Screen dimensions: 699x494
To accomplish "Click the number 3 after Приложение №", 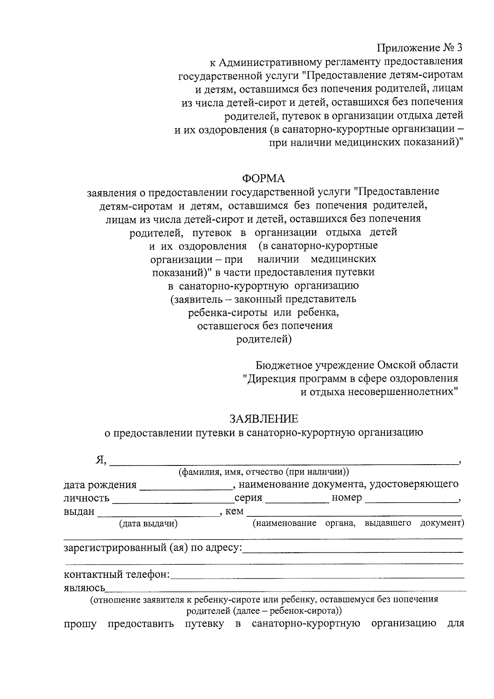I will pyautogui.click(x=459, y=48).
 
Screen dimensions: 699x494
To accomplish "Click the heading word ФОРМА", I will pyautogui.click(x=263, y=178).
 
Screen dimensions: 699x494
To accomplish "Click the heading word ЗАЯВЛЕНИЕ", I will pyautogui.click(x=263, y=419).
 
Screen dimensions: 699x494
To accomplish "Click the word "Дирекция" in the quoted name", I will pyautogui.click(x=269, y=378).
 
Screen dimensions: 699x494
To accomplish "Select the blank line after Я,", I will pyautogui.click(x=284, y=461).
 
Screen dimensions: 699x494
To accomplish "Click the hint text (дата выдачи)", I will pyautogui.click(x=148, y=524).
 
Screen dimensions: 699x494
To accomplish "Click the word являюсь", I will pyautogui.click(x=84, y=588).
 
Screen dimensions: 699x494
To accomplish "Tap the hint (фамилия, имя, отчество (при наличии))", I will pyautogui.click(x=263, y=472).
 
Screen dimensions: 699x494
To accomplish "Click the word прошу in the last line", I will pyautogui.click(x=80, y=624).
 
